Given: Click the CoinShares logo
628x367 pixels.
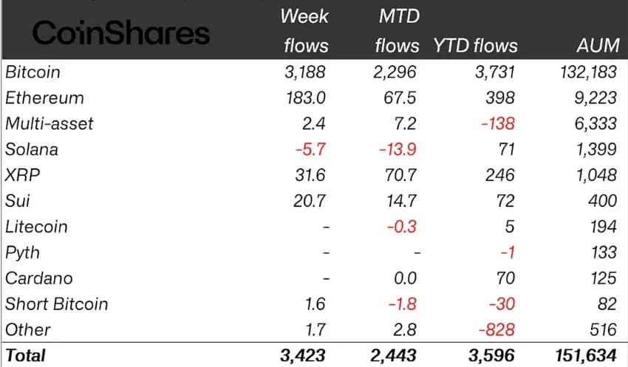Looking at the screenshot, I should [x=121, y=32].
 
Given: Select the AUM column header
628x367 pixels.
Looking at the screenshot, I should [x=597, y=46].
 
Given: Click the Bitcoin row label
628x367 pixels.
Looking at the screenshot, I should [x=33, y=72].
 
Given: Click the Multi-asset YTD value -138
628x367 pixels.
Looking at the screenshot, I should [x=498, y=123].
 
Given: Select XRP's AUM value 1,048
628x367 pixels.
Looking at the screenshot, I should [x=595, y=175].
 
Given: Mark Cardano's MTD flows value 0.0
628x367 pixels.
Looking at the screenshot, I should [x=403, y=278].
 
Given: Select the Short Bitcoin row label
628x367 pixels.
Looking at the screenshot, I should [x=56, y=304].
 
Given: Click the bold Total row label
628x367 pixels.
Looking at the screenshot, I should [x=25, y=355].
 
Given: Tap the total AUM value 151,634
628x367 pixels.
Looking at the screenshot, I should [x=586, y=355].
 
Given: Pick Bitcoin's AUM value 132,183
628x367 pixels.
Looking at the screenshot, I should [x=586, y=72].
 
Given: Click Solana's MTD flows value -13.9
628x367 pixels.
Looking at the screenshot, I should [x=398, y=149].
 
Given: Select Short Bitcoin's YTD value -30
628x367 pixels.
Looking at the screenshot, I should [x=502, y=304].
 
